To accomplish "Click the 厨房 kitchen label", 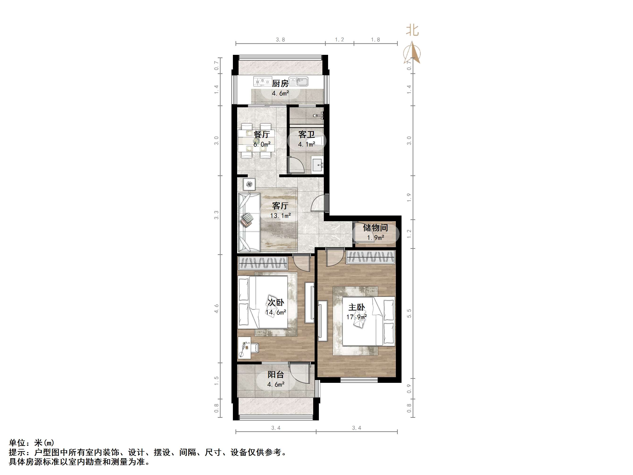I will point(280,84).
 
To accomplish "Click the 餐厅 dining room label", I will point(261,134).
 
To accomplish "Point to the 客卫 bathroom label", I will point(307,134).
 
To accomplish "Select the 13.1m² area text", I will point(280,216).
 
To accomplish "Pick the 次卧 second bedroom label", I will point(276,302).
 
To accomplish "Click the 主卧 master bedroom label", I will point(356,307).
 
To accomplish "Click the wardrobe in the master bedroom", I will point(371,257).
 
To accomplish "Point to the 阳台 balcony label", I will point(276,375).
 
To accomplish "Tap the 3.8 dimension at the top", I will point(280,40).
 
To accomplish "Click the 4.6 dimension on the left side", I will point(217,308).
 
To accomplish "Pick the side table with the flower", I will point(249,184).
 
